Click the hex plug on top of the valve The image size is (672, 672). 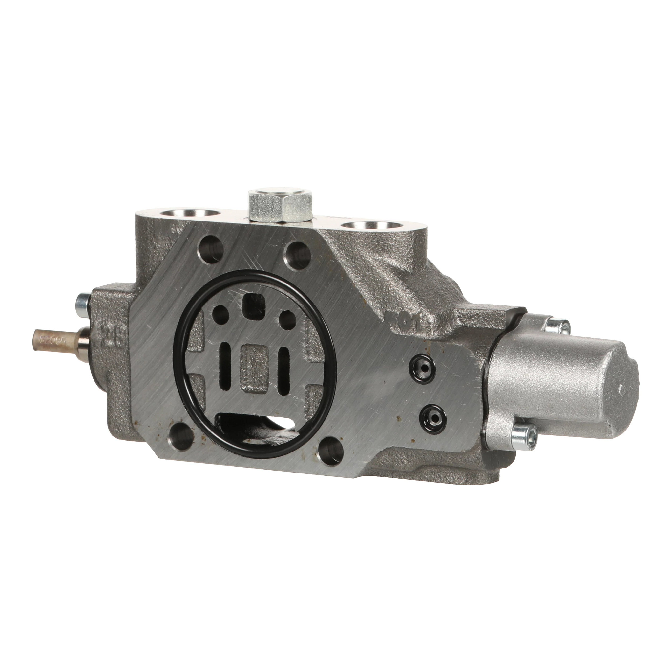pos(280,206)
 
